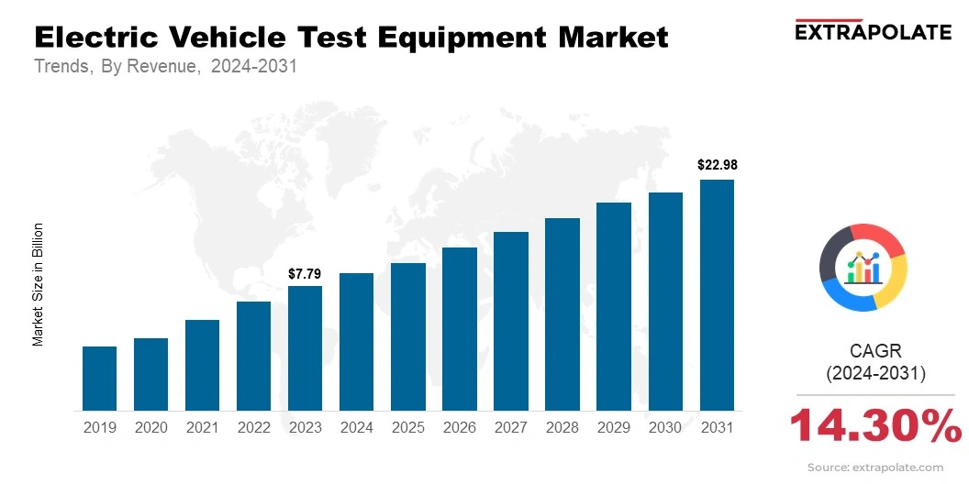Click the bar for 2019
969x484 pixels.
99,379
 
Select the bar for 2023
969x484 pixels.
305,348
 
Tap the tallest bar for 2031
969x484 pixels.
717,295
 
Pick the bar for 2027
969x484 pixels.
511,321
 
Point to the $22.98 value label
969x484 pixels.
717,166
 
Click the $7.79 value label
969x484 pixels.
305,273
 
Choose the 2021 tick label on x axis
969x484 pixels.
202,427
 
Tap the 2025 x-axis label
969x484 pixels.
407,427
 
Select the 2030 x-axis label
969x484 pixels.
665,427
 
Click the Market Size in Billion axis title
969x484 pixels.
39,284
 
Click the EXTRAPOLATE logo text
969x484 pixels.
873,32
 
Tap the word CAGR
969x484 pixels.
876,350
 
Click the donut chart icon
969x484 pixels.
863,267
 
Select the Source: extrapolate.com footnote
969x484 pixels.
875,467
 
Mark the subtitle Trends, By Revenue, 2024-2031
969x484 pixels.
165,67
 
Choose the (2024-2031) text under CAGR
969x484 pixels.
876,373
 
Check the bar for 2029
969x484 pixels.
614,306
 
